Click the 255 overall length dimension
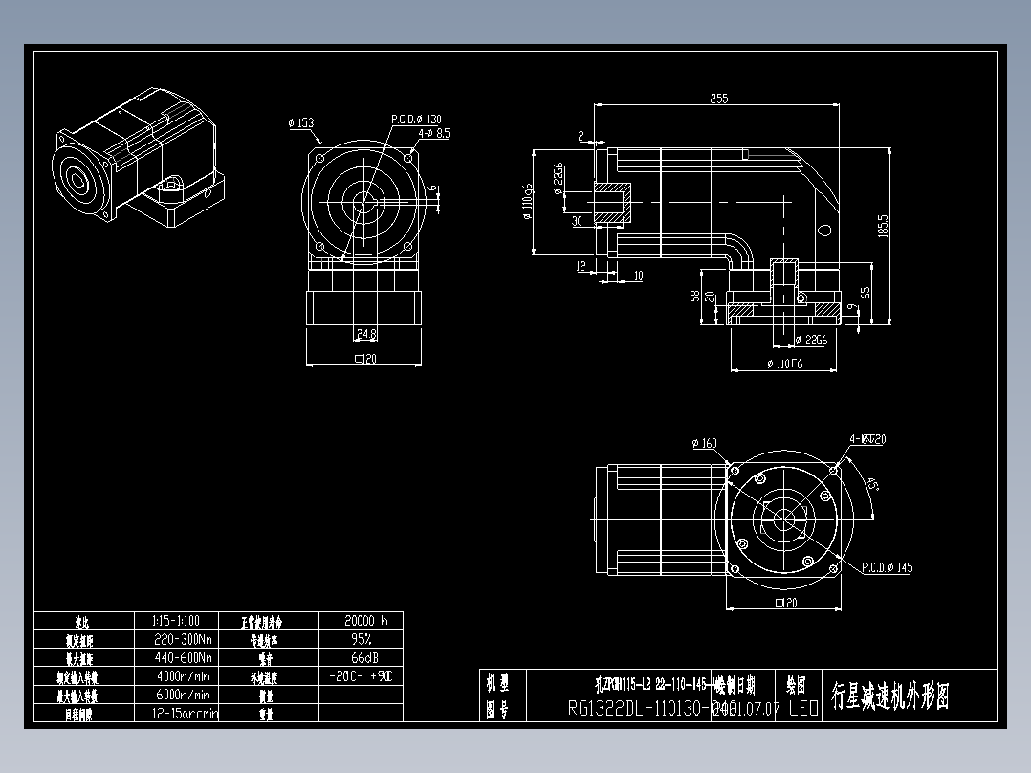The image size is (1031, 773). click(x=718, y=98)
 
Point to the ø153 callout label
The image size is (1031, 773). click(x=300, y=123)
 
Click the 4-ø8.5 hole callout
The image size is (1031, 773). click(x=433, y=134)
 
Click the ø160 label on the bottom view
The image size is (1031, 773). click(x=703, y=443)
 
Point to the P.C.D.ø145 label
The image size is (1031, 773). click(x=887, y=567)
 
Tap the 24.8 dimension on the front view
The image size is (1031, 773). click(x=365, y=334)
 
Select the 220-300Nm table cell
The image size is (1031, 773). click(x=182, y=639)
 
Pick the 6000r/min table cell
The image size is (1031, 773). click(x=182, y=695)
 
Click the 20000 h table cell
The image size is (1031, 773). click(x=361, y=620)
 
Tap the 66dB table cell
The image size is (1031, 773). click(x=361, y=657)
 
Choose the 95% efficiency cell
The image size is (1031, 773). click(x=361, y=639)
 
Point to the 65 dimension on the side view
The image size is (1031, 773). click(x=865, y=293)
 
